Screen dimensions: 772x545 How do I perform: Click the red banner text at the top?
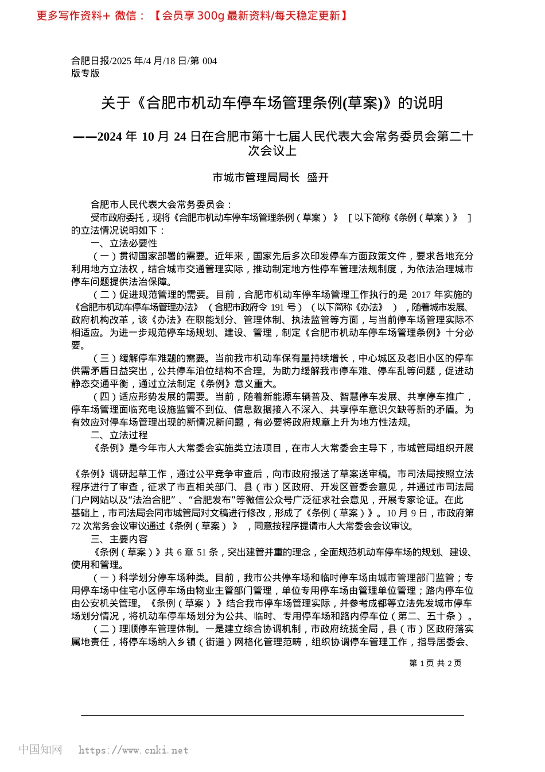tap(192, 16)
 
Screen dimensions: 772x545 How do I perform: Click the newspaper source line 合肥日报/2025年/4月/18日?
tap(143, 61)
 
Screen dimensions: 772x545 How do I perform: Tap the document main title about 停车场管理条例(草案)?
tap(272, 103)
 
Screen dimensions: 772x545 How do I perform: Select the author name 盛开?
tap(318, 177)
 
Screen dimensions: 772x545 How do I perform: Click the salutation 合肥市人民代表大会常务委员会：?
tap(162, 204)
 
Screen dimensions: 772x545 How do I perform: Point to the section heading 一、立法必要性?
tap(124, 243)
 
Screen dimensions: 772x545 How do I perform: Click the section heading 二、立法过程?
tap(119, 435)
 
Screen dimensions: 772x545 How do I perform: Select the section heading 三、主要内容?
tap(119, 539)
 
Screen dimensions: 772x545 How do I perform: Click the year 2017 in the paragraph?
tap(422, 295)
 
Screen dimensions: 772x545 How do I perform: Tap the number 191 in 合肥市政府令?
tap(278, 307)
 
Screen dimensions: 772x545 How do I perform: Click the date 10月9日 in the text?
tap(407, 513)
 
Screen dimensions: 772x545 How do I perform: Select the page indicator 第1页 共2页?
tap(435, 663)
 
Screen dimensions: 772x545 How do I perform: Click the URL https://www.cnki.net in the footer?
tap(133, 750)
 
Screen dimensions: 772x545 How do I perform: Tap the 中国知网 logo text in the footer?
tap(40, 750)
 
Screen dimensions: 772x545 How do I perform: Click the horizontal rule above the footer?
tap(272, 715)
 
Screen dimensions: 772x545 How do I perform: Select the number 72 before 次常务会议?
tap(76, 526)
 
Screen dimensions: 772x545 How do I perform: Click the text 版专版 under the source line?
tap(85, 73)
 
